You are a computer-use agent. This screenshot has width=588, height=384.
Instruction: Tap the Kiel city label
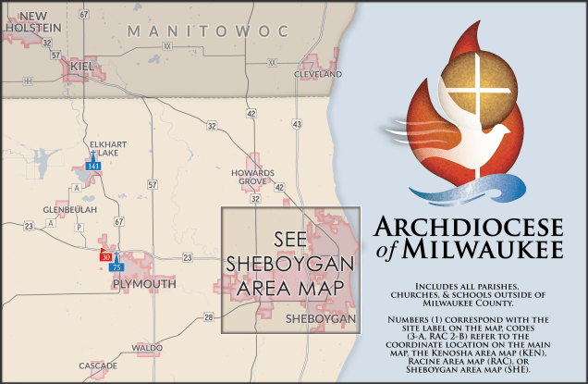(x=82, y=68)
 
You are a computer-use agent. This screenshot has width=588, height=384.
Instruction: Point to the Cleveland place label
(x=318, y=73)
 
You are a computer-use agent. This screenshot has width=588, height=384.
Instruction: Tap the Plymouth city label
(x=143, y=284)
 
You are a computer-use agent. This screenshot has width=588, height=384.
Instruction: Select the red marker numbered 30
(x=105, y=255)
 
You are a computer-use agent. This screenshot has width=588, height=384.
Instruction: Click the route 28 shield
(x=209, y=317)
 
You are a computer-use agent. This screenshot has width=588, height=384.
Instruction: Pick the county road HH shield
(x=28, y=81)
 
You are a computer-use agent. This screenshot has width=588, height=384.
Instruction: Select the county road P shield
(x=80, y=226)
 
